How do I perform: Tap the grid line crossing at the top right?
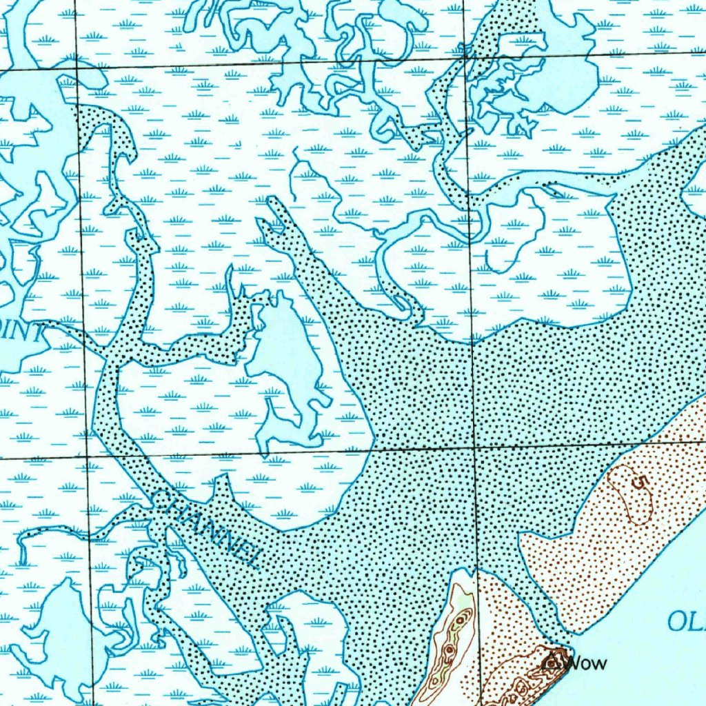click(x=467, y=56)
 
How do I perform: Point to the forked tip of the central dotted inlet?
click(x=269, y=210)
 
